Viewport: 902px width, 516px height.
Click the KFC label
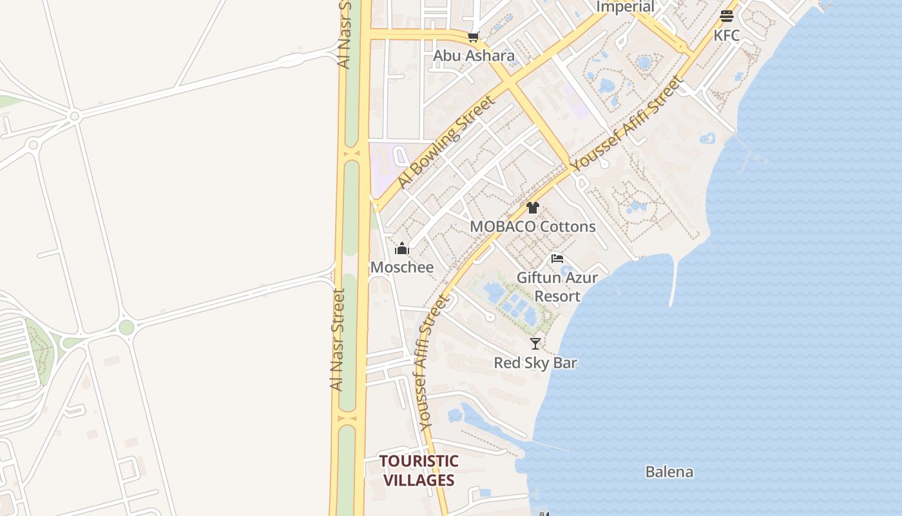(x=727, y=35)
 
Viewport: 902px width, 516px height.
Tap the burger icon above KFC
(x=727, y=16)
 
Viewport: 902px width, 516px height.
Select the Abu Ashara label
(x=474, y=55)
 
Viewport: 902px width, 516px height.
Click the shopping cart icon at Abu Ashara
(x=474, y=37)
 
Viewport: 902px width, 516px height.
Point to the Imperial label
(x=625, y=7)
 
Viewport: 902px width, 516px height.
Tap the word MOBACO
(x=503, y=226)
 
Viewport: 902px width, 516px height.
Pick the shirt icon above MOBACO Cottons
(x=532, y=208)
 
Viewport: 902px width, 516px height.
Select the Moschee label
(x=402, y=267)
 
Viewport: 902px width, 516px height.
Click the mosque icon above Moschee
(x=402, y=248)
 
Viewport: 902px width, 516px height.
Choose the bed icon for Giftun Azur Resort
(x=557, y=259)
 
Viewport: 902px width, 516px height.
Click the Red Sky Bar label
(x=535, y=362)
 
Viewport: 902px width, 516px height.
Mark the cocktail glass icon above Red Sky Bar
(x=535, y=344)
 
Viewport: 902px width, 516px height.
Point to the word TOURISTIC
(x=419, y=461)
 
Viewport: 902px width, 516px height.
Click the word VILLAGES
(x=419, y=481)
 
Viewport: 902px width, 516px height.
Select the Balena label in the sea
(x=669, y=471)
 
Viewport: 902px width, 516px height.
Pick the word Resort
(x=557, y=296)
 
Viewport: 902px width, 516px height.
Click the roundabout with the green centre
(x=126, y=327)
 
